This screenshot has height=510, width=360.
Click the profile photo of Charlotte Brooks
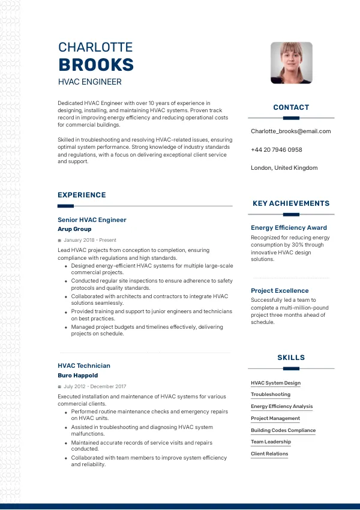click(291, 62)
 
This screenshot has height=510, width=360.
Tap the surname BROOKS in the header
click(96, 65)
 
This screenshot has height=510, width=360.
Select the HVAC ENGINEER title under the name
click(89, 82)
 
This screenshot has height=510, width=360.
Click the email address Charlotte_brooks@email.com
click(290, 131)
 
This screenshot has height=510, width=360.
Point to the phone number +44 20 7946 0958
click(276, 149)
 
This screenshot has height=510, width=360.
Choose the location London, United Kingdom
click(284, 168)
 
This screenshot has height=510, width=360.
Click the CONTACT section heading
click(291, 107)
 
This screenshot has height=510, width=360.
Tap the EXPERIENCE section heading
click(82, 195)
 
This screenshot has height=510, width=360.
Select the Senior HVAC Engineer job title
click(92, 220)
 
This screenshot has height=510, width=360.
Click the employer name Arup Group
click(74, 229)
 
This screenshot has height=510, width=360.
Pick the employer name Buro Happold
click(77, 376)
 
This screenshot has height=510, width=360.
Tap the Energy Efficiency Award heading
click(289, 228)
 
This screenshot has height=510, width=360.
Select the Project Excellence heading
click(280, 291)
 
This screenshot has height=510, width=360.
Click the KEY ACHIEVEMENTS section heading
click(291, 203)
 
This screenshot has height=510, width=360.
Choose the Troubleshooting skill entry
click(270, 395)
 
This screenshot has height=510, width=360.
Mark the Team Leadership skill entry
click(271, 442)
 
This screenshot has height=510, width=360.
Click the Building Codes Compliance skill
click(283, 430)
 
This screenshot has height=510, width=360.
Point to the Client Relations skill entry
click(269, 454)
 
